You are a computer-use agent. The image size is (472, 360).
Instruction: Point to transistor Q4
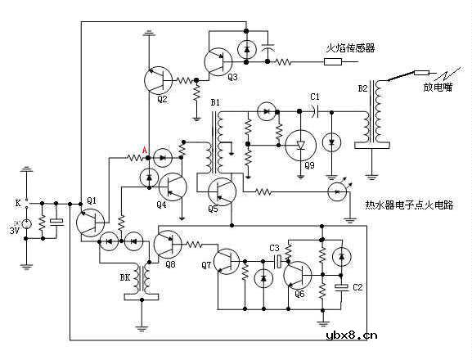click(172, 187)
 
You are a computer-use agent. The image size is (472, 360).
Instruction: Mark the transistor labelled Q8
click(169, 243)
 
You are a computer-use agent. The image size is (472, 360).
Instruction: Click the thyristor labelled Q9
click(300, 145)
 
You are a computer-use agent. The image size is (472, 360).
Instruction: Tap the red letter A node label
click(145, 149)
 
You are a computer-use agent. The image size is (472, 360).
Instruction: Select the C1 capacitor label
click(315, 97)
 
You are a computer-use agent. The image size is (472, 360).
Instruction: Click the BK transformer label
click(125, 278)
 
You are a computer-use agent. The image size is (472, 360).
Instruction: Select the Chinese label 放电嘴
click(438, 87)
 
